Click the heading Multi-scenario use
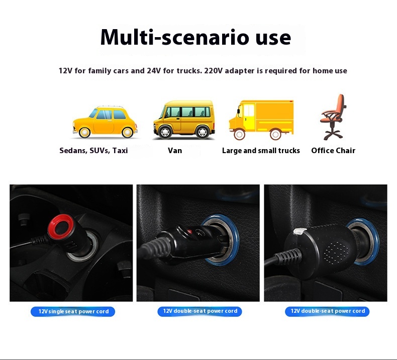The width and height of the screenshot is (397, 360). tap(195, 38)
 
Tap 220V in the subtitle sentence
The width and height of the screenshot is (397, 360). tap(213, 71)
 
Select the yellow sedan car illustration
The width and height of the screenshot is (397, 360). tap(105, 122)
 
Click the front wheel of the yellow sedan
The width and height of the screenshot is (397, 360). tap(84, 133)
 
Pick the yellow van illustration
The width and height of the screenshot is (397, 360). tap(184, 119)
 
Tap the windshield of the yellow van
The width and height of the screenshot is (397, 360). tap(163, 112)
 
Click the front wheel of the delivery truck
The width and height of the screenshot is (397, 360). tap(239, 135)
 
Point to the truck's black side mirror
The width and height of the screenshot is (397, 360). tap(239, 111)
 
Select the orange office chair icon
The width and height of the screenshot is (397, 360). tap(333, 117)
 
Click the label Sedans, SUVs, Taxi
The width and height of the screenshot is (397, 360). tap(93, 151)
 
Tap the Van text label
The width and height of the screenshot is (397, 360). tap(175, 151)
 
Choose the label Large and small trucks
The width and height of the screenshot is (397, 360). tap(261, 151)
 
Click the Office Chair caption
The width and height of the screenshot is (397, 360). tap(333, 151)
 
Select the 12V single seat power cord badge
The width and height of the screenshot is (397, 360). tap(73, 311)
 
